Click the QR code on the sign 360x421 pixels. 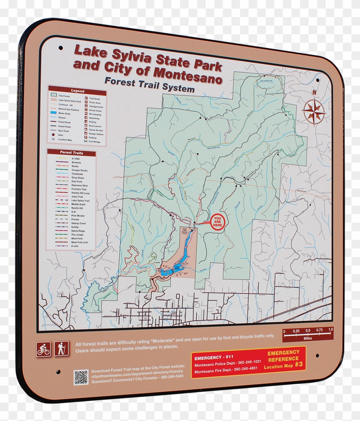pos(81,377)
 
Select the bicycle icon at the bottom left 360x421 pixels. pos(43,349)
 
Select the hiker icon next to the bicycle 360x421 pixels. pos(61,348)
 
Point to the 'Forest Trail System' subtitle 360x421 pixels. pos(149,84)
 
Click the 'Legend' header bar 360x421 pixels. pos(78,91)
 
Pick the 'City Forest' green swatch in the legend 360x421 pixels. pos(54,96)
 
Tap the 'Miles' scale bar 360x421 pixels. pos(307,334)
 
